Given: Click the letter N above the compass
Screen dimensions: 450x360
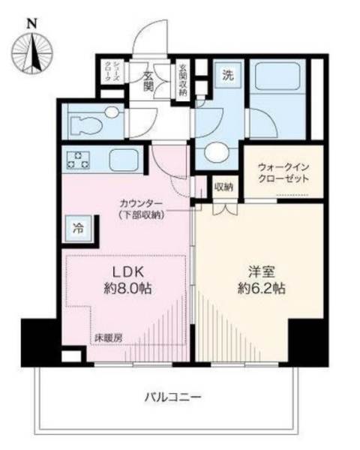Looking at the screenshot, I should click(31, 22).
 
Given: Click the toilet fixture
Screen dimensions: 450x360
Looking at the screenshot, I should click(96, 116).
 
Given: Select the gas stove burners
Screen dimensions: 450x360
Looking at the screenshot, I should click(77, 160).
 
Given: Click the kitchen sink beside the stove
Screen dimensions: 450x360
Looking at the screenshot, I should click(121, 160).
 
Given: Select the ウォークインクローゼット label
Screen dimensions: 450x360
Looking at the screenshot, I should click(283, 174).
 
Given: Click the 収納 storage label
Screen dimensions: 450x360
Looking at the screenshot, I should click(223, 186).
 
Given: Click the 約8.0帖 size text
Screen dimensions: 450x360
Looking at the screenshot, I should click(124, 289).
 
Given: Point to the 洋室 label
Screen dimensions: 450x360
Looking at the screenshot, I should click(258, 271).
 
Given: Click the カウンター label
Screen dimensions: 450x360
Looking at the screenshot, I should click(141, 202).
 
